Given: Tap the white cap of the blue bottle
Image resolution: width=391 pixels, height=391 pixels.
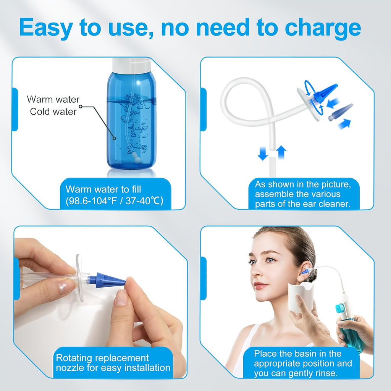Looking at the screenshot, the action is coord(131,65).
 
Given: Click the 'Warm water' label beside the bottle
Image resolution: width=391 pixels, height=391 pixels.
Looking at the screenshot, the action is coord(53,99).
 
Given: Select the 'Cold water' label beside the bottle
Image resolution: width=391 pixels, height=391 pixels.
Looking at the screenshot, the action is coord(53,111).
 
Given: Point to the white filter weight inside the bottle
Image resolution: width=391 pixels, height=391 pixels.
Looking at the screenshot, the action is coord(136,159).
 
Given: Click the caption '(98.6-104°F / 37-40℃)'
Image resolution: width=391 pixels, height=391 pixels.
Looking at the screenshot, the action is coord(115,200).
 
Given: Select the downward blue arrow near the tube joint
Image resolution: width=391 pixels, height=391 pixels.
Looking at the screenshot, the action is coord(263,153).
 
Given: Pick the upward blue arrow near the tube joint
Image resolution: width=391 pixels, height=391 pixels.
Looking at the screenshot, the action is coord(281,152).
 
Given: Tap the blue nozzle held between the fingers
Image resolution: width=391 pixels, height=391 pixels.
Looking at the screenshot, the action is coord(107,280).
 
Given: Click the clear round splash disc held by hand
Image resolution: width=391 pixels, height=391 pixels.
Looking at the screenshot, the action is coord(80,278).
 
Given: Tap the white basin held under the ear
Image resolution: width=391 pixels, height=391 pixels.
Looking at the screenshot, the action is coord(299,297).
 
